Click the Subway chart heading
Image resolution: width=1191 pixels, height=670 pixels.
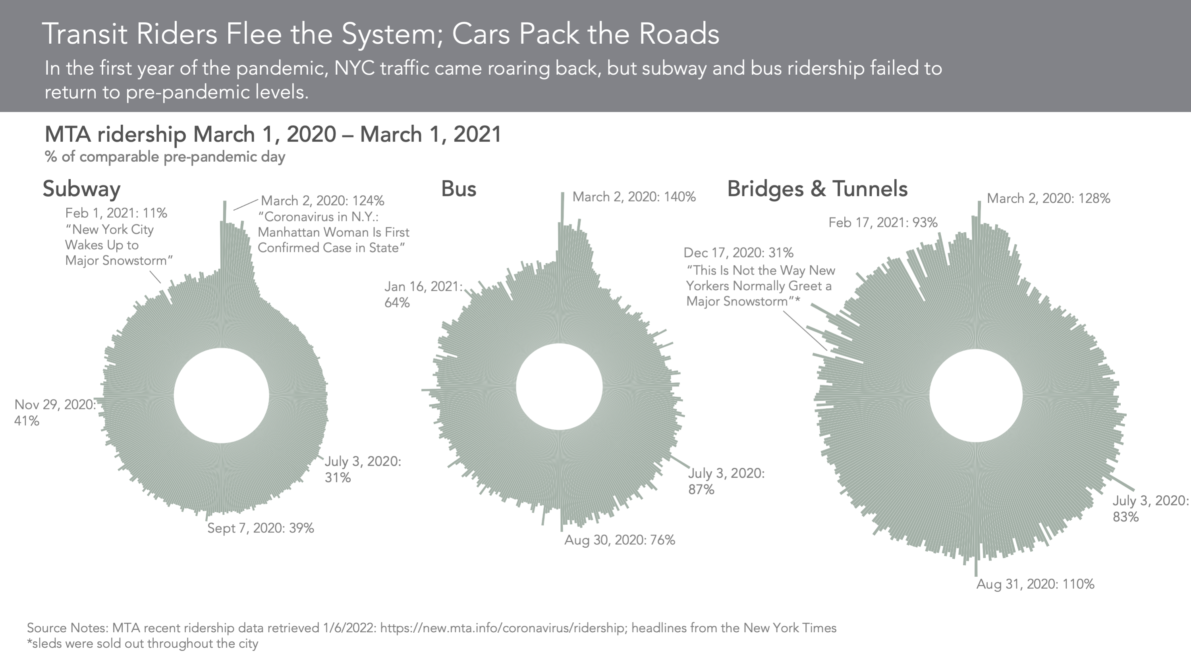tap(81, 189)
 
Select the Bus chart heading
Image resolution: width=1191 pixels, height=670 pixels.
tap(458, 189)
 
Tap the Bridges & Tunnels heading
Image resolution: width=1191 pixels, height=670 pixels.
tap(817, 189)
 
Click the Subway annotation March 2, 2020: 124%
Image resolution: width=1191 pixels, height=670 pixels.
tap(322, 201)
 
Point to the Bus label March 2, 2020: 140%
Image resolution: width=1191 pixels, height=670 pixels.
tap(634, 197)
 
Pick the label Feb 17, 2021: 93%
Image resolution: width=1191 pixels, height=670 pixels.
tap(882, 223)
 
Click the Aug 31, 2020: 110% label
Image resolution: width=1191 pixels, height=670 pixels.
tap(1035, 584)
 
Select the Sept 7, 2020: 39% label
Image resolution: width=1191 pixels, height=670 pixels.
tap(260, 528)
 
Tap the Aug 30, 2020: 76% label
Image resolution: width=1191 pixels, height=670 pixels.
tap(620, 540)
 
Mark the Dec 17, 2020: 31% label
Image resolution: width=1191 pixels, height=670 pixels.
tap(738, 253)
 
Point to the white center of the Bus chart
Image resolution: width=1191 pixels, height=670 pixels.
tap(559, 386)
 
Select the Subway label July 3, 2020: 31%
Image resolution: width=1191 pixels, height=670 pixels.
tap(363, 469)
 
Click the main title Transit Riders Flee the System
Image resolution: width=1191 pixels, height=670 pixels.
tap(380, 34)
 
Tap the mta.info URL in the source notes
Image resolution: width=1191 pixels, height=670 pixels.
tap(502, 628)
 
